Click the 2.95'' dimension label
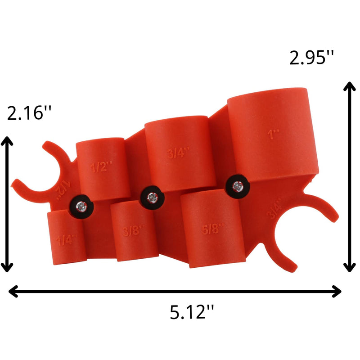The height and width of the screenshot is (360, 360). tap(312, 58)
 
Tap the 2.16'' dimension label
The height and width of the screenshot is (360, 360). tap(30, 113)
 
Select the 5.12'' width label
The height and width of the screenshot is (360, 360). tap(192, 311)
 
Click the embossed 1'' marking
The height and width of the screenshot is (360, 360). tap(273, 133)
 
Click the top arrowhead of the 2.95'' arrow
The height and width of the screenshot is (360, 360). tap(349, 85)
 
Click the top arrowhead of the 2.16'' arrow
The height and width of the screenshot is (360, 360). tap(7, 140)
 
